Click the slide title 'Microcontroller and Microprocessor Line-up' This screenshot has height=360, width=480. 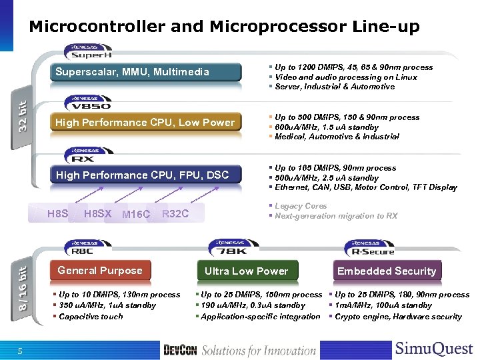pos(224,27)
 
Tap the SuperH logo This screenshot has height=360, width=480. pos(89,52)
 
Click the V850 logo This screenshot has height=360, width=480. pos(89,103)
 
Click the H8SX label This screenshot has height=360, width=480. pos(98,213)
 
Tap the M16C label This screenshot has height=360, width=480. pos(137,214)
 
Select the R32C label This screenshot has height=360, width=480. pos(175,213)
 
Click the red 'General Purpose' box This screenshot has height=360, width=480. pos(100,271)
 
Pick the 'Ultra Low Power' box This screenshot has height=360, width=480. pos(246,271)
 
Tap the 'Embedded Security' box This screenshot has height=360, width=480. pos(387,271)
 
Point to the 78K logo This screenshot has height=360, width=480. pos(230,249)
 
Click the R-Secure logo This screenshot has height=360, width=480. pos(373,249)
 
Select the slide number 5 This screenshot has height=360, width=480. pos(20,351)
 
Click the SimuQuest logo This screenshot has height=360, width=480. pos(433,349)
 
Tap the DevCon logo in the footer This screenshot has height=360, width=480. pos(180,350)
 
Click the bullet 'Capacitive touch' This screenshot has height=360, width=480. pos(91,317)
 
